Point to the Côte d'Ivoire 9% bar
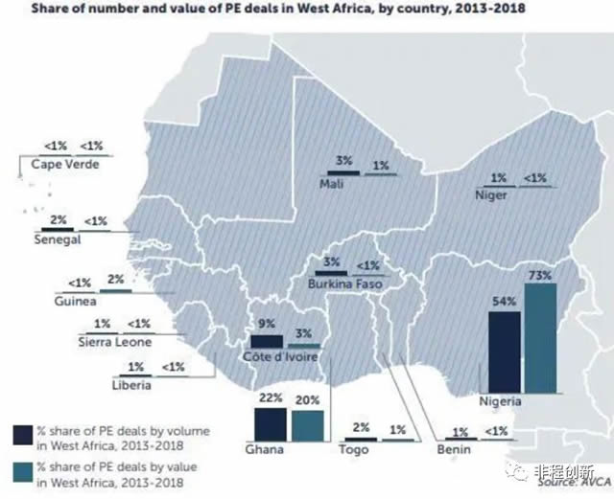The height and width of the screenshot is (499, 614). click(x=266, y=341)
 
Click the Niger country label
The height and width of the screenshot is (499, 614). click(x=491, y=195)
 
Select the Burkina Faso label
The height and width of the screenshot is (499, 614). click(x=345, y=284)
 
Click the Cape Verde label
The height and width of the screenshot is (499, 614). click(x=65, y=164)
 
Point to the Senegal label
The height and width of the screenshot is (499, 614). click(x=55, y=240)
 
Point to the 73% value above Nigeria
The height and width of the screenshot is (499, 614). click(x=540, y=276)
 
